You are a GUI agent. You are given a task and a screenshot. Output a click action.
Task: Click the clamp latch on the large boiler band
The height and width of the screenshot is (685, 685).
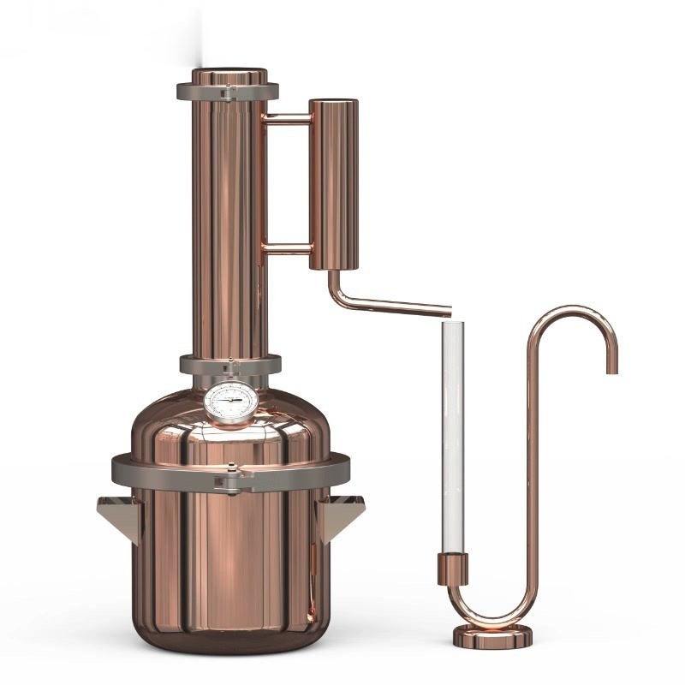(229, 480)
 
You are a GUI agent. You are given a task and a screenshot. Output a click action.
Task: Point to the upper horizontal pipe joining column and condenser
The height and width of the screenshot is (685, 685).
(287, 117)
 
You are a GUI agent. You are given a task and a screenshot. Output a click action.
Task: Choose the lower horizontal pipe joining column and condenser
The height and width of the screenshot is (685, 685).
(287, 249)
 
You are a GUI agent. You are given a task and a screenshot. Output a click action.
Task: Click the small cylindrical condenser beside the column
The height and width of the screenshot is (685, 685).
(333, 184)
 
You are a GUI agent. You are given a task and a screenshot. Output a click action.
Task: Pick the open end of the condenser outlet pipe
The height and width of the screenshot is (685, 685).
(448, 309)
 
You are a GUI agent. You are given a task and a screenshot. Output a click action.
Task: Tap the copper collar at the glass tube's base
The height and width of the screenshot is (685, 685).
(453, 569)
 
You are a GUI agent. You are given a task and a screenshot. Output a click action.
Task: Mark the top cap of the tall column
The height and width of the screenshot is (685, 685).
(229, 76)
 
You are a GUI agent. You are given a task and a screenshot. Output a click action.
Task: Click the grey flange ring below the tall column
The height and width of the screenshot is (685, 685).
(229, 365)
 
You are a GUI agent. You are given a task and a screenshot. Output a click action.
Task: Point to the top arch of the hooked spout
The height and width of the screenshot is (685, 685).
(571, 309)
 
